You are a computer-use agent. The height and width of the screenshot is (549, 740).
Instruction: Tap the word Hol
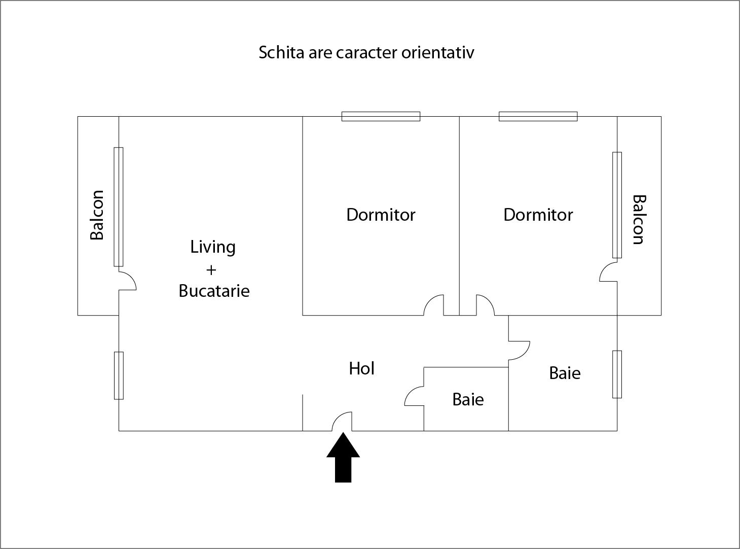tap(361, 368)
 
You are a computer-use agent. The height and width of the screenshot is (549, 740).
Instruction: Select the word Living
tap(213, 247)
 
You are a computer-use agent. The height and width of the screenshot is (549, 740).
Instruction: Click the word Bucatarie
tap(214, 291)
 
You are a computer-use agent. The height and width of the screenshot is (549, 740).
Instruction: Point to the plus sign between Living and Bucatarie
tap(211, 269)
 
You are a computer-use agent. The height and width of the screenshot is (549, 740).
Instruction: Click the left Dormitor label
tap(381, 215)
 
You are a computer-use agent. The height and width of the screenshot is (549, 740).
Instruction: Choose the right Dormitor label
tap(538, 215)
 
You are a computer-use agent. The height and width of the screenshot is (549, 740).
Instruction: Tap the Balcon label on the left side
tap(97, 215)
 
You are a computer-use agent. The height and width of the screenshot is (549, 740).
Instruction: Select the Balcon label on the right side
tap(638, 220)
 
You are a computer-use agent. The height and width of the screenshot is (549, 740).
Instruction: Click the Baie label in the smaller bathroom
tap(468, 399)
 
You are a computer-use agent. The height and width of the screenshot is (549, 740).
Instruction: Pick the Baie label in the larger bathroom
tap(565, 373)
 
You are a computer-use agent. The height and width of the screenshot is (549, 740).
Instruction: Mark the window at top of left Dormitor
tap(381, 116)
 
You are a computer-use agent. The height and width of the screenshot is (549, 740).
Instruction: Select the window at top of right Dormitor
tap(538, 116)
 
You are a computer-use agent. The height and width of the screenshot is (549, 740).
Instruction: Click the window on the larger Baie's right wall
tap(617, 374)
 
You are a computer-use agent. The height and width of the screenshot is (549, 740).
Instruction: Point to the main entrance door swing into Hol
tap(343, 421)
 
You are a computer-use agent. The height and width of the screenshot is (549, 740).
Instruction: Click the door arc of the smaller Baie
tap(414, 396)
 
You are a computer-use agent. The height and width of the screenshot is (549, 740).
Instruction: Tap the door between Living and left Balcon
tap(127, 281)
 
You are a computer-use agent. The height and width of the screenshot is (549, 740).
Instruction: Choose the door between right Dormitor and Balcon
tap(608, 272)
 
